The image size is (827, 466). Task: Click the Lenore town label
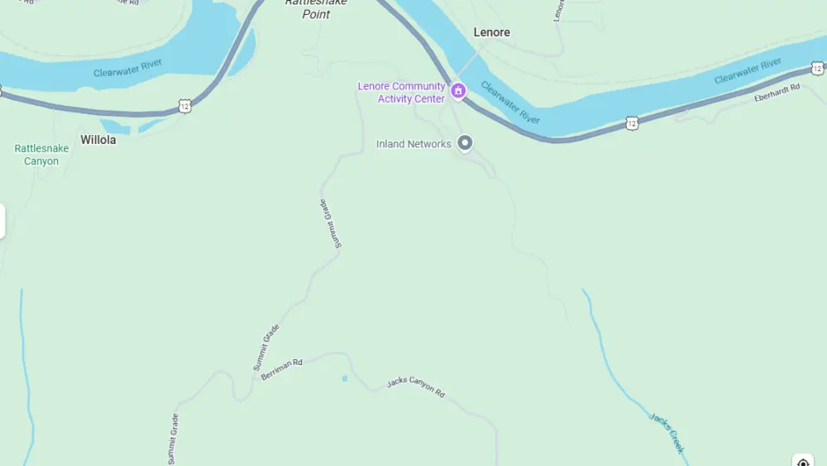click(491, 32)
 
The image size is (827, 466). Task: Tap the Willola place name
click(98, 140)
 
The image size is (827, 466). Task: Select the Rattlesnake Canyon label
click(41, 155)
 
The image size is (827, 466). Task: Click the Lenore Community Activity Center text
click(402, 93)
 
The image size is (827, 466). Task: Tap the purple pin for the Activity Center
click(458, 89)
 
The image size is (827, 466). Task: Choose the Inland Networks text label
click(413, 144)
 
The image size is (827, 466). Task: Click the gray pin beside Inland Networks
click(465, 143)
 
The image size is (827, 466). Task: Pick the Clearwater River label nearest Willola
click(127, 68)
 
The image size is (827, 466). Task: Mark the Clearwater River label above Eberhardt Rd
click(748, 70)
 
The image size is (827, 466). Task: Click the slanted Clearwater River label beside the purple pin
click(510, 103)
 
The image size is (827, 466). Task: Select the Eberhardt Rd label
click(777, 92)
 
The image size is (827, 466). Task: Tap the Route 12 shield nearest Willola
click(184, 106)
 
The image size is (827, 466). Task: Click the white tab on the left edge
click(2, 221)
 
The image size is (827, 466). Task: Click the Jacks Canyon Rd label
click(416, 387)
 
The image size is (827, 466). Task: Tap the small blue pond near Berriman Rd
click(344, 378)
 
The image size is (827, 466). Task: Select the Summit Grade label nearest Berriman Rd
click(266, 347)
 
